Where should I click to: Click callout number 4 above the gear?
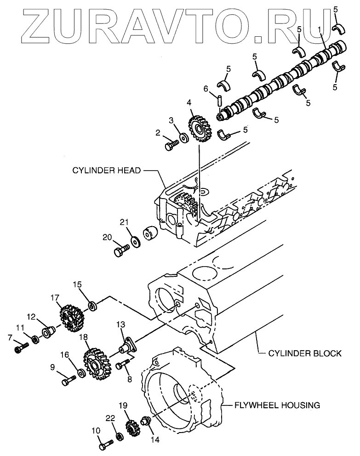point(189,103)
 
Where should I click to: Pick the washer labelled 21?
point(135,240)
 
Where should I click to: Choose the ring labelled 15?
point(92,305)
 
